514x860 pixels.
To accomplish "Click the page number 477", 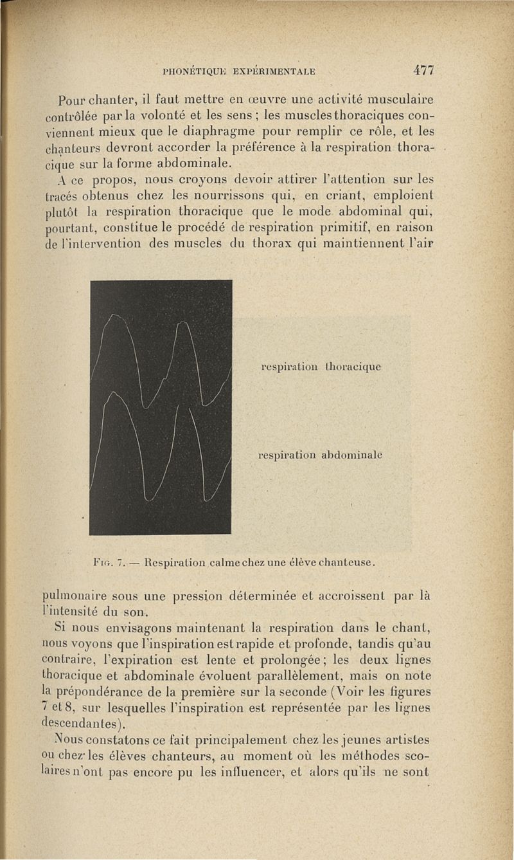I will pos(424,70).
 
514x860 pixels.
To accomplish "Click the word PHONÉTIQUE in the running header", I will pos(190,71).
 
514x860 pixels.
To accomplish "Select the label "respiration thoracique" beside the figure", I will pos(322,367).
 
